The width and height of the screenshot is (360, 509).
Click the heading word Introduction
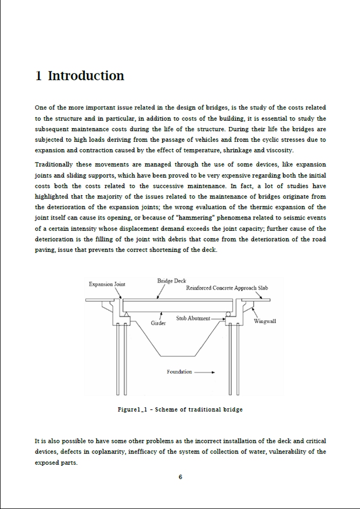tap(86, 76)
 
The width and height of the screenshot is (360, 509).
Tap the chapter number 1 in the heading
tap(39, 76)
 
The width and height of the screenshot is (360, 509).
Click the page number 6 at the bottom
tap(180, 477)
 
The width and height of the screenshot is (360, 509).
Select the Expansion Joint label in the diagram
tap(106, 284)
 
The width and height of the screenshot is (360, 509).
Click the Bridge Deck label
tap(172, 281)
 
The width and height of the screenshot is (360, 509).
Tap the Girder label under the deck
tap(158, 323)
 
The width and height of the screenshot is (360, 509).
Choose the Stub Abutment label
tap(193, 319)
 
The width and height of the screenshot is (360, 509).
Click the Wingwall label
tap(265, 321)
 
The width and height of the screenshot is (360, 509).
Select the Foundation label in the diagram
tap(179, 372)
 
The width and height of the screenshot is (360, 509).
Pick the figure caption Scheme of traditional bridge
tap(180, 410)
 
